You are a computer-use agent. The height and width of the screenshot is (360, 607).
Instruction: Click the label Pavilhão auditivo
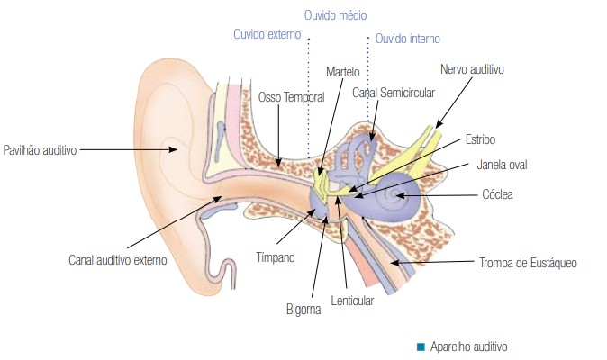point(41,149)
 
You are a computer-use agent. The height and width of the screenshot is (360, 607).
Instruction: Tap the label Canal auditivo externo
point(118,261)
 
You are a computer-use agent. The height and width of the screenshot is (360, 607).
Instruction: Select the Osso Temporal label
point(291,96)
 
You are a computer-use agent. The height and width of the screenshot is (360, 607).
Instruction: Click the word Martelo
point(342,71)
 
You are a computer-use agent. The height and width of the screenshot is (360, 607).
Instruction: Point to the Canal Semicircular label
point(394,92)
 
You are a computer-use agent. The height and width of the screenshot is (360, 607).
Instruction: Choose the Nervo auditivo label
point(472,68)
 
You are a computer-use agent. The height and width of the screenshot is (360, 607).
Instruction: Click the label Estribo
point(480,139)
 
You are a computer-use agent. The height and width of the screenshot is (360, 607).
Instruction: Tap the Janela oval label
point(503,166)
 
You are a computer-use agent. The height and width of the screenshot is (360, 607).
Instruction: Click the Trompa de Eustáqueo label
point(528,263)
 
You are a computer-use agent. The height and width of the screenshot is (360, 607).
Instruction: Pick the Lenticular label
point(352,301)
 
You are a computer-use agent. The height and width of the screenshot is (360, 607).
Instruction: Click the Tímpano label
point(275,256)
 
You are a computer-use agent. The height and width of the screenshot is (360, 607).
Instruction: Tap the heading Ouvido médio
point(336,15)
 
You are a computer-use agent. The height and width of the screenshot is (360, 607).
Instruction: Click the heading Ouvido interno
point(408,39)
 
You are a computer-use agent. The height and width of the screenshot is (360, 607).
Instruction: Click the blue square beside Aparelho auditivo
point(421,346)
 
